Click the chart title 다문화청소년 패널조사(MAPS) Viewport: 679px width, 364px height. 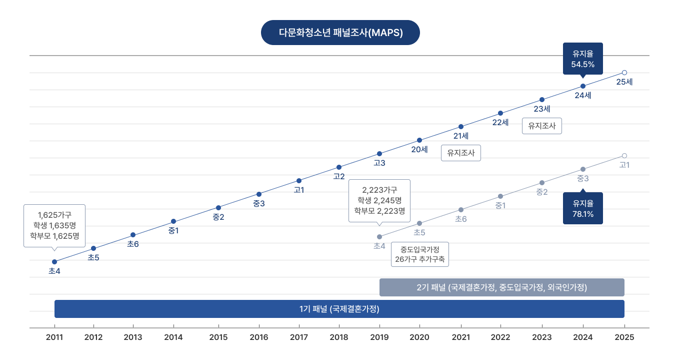[x=340, y=33]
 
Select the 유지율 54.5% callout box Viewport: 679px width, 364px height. [x=582, y=59]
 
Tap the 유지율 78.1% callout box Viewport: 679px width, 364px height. [x=582, y=208]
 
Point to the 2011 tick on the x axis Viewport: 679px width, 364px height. [x=54, y=337]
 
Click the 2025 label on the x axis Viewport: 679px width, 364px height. [x=624, y=337]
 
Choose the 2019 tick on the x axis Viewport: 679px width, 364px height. [x=379, y=337]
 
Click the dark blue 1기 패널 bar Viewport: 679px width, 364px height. [x=339, y=309]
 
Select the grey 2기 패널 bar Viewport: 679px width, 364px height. [x=501, y=287]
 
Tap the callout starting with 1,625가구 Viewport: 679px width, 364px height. [x=54, y=225]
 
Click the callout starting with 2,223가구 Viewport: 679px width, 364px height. [x=379, y=200]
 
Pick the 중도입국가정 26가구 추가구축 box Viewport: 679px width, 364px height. [x=419, y=254]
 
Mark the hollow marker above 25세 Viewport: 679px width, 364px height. [x=624, y=73]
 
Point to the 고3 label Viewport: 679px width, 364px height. [x=379, y=163]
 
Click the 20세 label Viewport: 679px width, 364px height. [x=419, y=149]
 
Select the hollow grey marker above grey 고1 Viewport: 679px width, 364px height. [x=624, y=156]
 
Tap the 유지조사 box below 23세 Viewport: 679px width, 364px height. [x=542, y=126]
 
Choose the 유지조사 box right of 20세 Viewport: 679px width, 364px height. [x=460, y=153]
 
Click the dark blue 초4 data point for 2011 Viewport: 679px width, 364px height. [x=54, y=262]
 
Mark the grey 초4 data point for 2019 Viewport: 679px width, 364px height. [x=379, y=237]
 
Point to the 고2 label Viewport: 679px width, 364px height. [x=339, y=176]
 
